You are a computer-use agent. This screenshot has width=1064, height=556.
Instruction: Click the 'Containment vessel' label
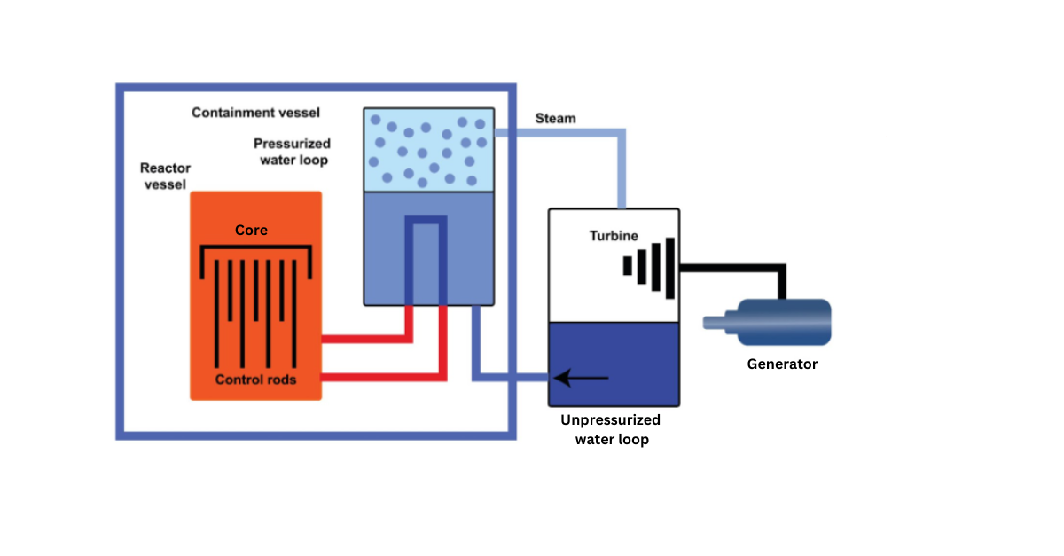click(255, 113)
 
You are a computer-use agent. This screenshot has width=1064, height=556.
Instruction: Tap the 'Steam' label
click(555, 118)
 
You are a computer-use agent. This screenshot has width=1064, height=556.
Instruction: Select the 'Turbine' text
click(614, 236)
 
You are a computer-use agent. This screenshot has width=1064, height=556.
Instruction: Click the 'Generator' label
click(782, 364)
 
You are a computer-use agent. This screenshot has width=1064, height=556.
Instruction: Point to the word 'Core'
click(251, 231)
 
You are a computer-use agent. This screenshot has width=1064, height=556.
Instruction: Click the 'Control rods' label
click(255, 380)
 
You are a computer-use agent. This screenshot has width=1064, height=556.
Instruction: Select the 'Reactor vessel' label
click(165, 176)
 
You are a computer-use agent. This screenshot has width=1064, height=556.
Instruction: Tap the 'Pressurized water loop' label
click(293, 152)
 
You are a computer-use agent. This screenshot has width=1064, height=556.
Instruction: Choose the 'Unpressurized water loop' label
click(612, 429)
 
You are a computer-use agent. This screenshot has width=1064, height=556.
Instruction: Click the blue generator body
click(790, 322)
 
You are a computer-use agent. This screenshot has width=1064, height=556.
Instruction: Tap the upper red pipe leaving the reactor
click(372, 338)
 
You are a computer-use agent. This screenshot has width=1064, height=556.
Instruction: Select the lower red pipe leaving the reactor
click(381, 377)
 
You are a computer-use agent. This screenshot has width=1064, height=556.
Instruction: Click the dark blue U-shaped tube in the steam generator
click(425, 222)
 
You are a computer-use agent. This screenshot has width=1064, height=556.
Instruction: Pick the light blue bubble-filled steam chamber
click(428, 149)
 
